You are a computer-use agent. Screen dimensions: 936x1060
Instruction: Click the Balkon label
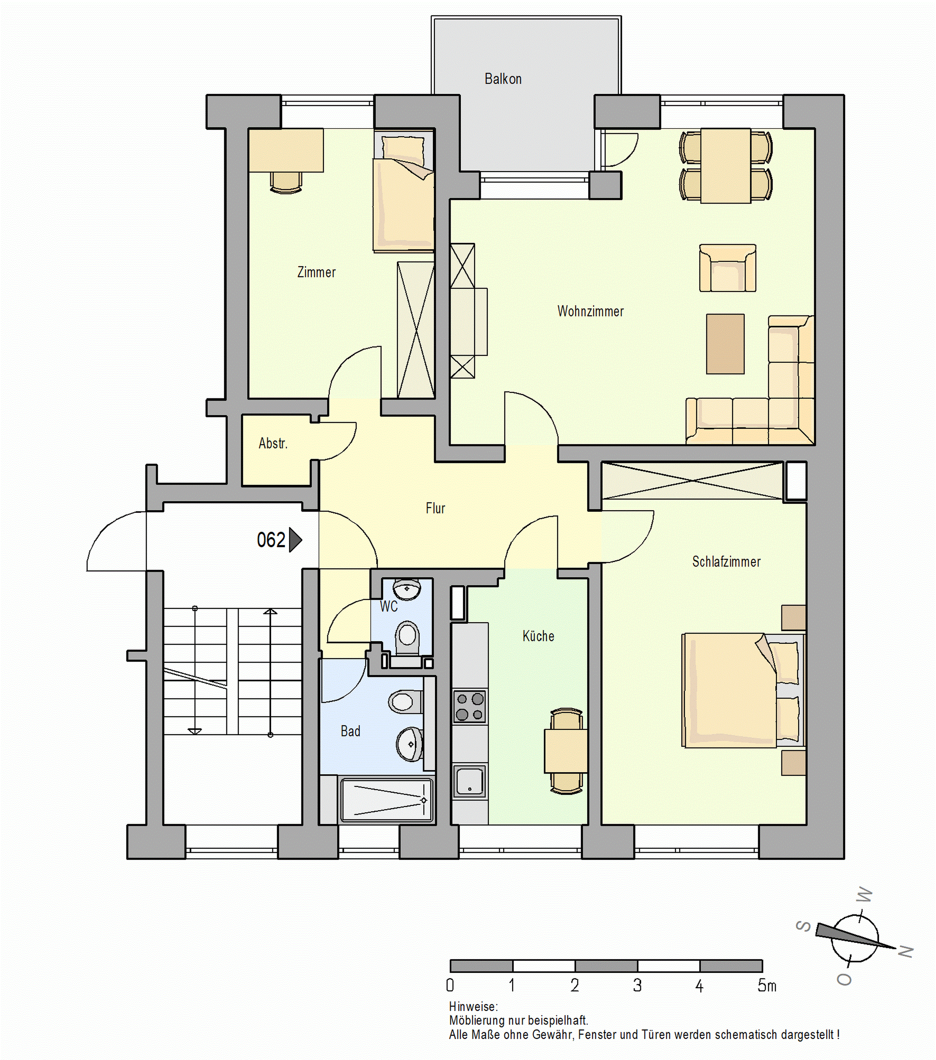pyautogui.click(x=503, y=79)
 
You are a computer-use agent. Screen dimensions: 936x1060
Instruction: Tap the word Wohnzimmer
pyautogui.click(x=590, y=311)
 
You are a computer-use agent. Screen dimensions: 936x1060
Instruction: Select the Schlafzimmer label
pyautogui.click(x=726, y=562)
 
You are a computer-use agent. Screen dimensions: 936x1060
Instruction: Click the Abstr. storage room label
pyautogui.click(x=273, y=443)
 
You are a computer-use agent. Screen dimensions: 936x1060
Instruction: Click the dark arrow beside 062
pyautogui.click(x=295, y=540)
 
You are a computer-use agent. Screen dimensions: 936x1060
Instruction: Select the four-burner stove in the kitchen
pyautogui.click(x=470, y=706)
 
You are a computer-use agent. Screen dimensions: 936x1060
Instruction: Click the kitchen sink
pyautogui.click(x=470, y=780)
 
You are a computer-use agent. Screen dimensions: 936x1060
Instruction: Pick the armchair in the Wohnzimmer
pyautogui.click(x=727, y=268)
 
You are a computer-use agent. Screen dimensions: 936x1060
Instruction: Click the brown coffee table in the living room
pyautogui.click(x=725, y=344)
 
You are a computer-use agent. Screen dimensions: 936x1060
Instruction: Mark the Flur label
pyautogui.click(x=435, y=508)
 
